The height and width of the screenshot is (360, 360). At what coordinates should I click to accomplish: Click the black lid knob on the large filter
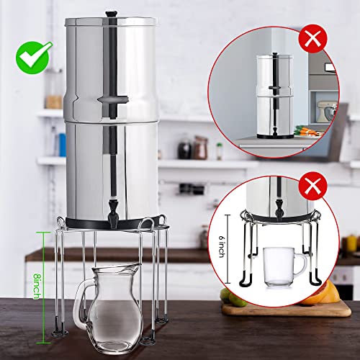(x=111, y=14)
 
